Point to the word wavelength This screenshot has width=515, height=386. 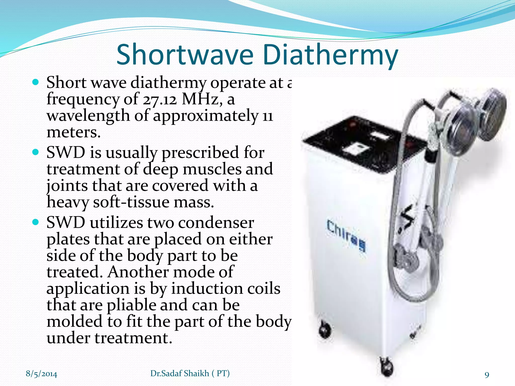[88, 116]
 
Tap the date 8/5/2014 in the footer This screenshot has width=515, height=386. [41, 374]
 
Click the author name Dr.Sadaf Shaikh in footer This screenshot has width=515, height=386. [180, 373]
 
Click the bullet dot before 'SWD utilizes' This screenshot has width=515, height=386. [36, 222]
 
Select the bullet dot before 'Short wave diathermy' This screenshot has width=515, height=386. [36, 82]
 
